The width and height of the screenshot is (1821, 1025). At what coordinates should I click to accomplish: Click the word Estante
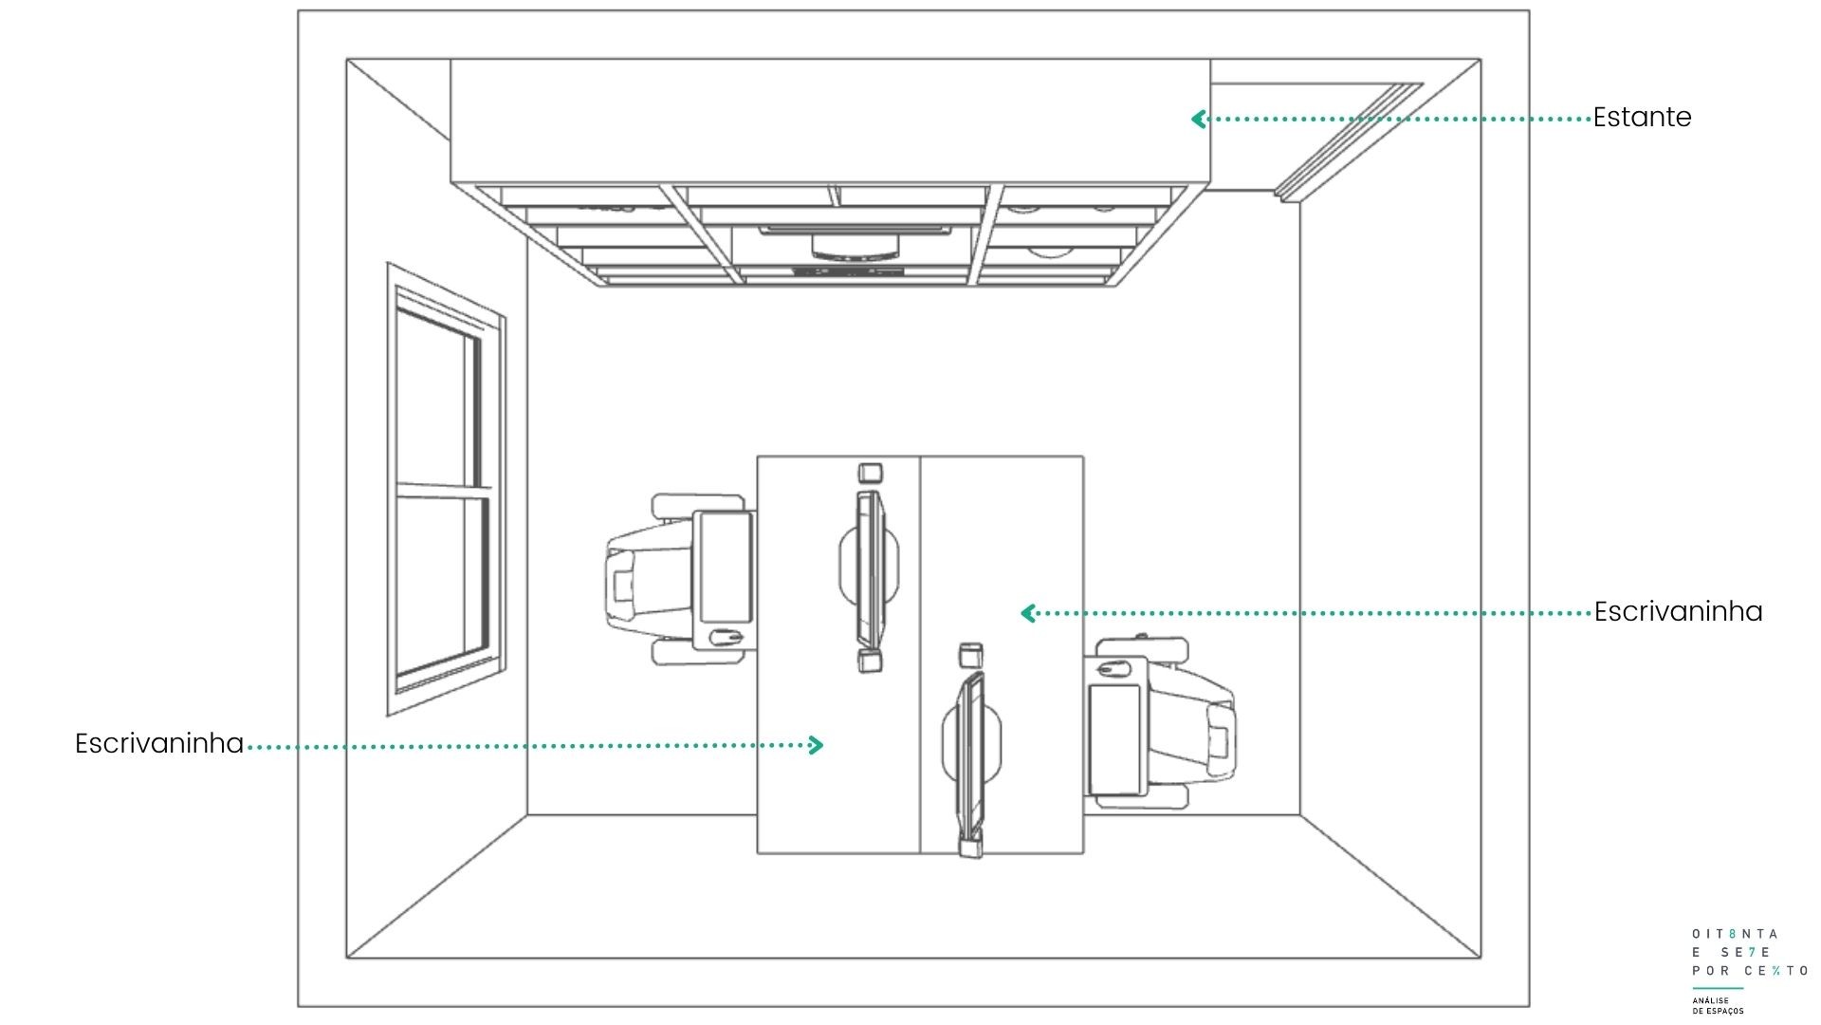tap(1642, 118)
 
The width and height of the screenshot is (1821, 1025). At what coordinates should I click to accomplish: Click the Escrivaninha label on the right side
tap(1678, 611)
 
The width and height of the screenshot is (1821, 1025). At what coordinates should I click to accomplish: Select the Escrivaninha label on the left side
tap(159, 743)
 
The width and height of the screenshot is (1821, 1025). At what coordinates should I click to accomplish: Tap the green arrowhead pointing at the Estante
tap(1198, 119)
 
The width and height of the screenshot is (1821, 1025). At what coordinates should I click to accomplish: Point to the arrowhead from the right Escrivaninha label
tap(1027, 613)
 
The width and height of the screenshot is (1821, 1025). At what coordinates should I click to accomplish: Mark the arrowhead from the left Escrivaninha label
tap(817, 745)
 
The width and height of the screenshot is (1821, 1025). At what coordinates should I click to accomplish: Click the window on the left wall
tap(446, 489)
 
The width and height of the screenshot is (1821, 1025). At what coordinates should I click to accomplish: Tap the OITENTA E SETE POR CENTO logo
tap(1749, 952)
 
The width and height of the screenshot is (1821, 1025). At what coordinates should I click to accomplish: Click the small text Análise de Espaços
tap(1718, 1005)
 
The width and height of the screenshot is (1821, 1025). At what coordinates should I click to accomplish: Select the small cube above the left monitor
tap(870, 473)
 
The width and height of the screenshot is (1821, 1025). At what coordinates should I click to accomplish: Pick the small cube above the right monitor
tap(970, 654)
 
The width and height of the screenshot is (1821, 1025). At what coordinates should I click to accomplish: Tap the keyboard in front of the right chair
tap(1115, 739)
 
